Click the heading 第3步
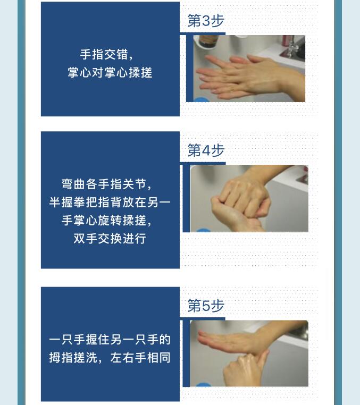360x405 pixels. [206, 21]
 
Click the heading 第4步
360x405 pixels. [206, 150]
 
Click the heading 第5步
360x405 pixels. [206, 306]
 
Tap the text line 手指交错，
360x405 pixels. [110, 54]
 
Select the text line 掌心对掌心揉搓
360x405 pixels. [110, 72]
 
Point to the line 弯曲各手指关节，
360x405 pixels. [110, 184]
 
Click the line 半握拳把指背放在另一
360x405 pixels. [110, 203]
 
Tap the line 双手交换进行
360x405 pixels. [110, 238]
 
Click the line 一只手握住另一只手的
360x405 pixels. [110, 339]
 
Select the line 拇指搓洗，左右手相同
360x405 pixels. [110, 357]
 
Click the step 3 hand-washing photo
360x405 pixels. [246, 69]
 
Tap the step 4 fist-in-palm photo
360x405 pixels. [249, 198]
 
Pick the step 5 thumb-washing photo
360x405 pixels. [249, 353]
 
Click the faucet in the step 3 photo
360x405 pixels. [293, 47]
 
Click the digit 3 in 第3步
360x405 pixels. [206, 21]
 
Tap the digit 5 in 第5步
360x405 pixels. [206, 306]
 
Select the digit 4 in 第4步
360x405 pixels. [206, 150]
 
